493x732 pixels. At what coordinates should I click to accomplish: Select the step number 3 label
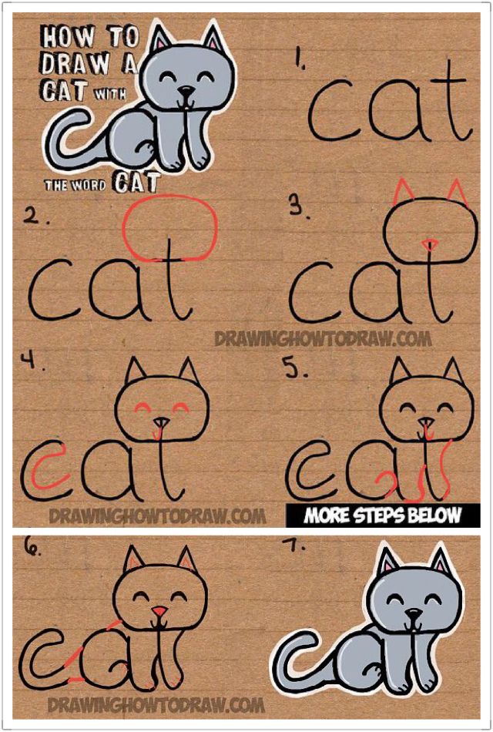click(297, 206)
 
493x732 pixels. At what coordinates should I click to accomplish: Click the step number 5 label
click(297, 368)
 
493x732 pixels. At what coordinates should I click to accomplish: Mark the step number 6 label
click(33, 549)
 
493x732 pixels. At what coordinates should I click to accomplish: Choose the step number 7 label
click(297, 546)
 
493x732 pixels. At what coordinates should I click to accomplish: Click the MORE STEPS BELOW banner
click(382, 515)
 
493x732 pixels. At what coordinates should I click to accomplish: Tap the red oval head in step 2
click(170, 227)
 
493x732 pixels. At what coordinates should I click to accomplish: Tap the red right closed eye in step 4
click(182, 407)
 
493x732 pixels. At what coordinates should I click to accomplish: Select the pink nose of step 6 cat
click(159, 613)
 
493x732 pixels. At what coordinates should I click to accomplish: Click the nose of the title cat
click(183, 91)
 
